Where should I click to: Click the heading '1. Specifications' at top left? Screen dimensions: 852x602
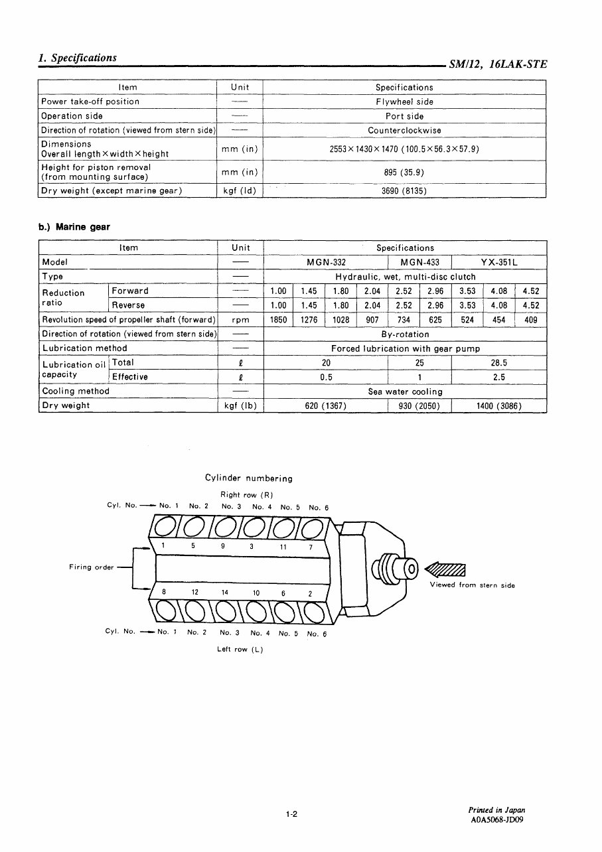point(78,58)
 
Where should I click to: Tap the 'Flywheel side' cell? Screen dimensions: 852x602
point(404,102)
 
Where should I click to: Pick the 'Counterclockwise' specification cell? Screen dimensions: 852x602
point(404,130)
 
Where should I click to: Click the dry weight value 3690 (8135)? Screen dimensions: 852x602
point(404,190)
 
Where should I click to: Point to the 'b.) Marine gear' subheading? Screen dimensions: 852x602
point(74,227)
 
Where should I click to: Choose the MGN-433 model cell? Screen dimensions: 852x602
point(419,262)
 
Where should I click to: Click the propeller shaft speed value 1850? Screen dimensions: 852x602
point(278,320)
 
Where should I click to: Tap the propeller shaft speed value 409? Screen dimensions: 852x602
point(531,320)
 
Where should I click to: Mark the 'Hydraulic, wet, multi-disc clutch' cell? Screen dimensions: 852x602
point(405,277)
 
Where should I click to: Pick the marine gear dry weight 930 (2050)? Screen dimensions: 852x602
point(419,406)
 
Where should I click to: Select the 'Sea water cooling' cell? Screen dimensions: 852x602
point(405,391)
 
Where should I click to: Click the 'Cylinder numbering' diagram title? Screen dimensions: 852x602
point(249,478)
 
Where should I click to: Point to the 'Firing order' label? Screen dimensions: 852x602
point(92,567)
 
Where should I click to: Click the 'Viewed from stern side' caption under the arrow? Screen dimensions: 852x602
point(472,585)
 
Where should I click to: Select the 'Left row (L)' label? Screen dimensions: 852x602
point(240,649)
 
